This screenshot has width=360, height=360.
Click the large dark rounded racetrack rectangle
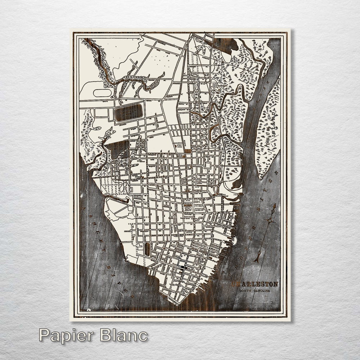click(x=129, y=113)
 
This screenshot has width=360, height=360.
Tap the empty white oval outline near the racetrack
click(x=102, y=93)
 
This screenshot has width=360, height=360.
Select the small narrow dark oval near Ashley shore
click(x=147, y=249)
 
